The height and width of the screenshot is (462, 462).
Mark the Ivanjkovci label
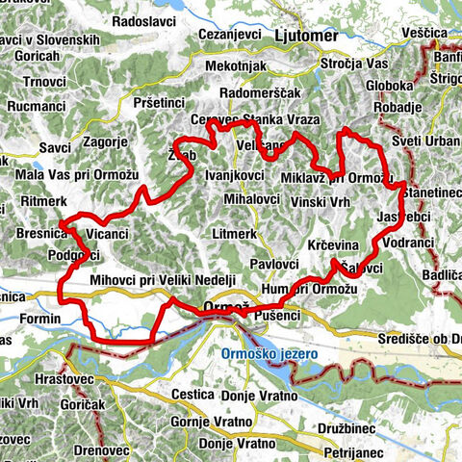click(x=236, y=177)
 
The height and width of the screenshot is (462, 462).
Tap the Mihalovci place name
click(x=250, y=200)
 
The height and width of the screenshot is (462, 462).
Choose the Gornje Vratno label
click(x=218, y=422)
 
